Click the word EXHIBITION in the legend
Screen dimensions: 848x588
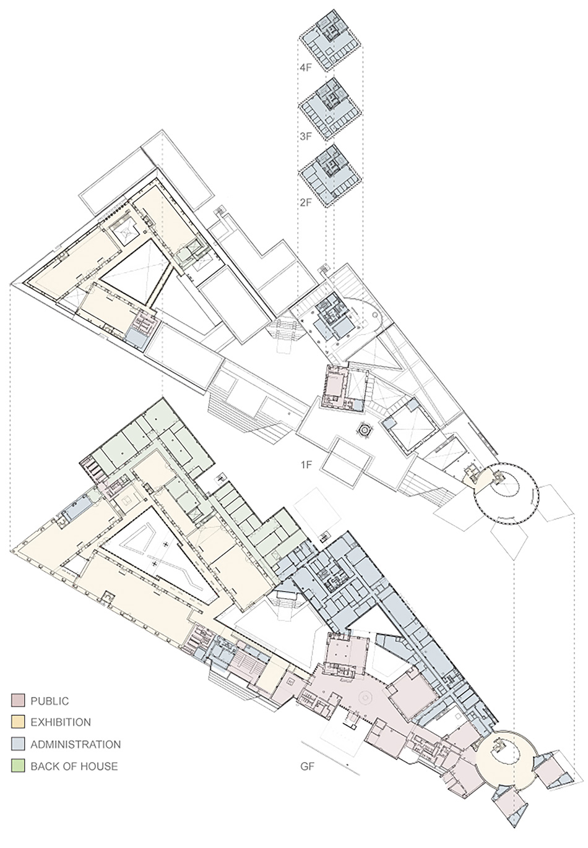[61, 722]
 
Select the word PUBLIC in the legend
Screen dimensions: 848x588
[50, 701]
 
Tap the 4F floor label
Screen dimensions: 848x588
[305, 69]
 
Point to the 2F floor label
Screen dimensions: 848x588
[305, 202]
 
